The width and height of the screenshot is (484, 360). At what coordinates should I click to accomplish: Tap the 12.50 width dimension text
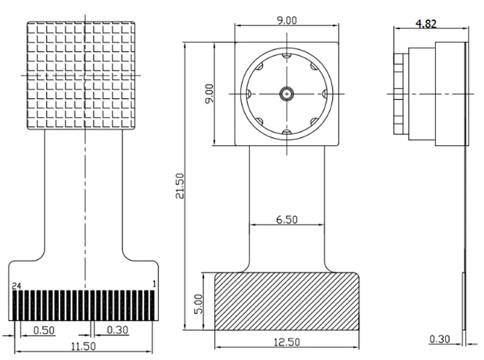click(x=287, y=341)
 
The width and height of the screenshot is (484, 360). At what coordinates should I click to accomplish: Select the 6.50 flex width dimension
click(x=287, y=218)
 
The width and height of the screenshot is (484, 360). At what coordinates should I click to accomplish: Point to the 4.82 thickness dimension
click(x=426, y=24)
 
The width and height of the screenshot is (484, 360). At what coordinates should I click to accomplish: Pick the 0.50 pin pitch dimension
click(x=44, y=329)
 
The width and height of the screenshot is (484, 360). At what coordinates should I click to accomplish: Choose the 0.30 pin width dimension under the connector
click(x=118, y=329)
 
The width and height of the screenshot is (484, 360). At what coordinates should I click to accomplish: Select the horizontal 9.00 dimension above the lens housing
click(x=287, y=20)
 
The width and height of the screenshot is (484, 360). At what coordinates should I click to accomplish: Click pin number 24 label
click(x=17, y=285)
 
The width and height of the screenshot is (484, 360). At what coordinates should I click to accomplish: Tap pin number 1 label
click(x=154, y=284)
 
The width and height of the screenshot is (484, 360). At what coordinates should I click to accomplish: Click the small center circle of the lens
click(x=287, y=94)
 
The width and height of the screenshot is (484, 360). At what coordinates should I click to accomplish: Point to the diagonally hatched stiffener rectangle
click(x=287, y=300)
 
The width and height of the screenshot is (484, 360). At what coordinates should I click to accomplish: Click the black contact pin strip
click(x=85, y=305)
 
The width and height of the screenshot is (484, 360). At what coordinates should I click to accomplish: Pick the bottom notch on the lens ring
click(x=287, y=135)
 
